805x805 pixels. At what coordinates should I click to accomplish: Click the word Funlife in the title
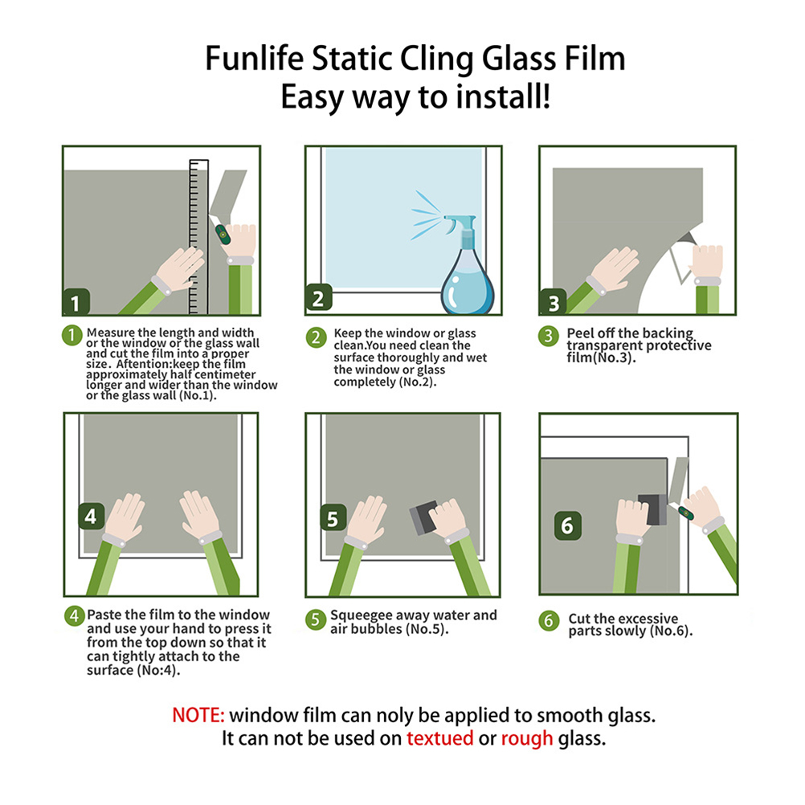tap(255, 58)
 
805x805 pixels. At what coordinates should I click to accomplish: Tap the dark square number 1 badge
tap(76, 302)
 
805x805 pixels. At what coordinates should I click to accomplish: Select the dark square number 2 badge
tap(318, 298)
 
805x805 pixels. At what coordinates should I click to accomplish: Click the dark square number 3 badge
tap(553, 302)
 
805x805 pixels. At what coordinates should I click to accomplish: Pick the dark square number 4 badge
tap(92, 516)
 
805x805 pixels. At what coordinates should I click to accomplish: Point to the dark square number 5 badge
tap(333, 518)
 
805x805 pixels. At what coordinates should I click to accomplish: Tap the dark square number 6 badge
tap(567, 525)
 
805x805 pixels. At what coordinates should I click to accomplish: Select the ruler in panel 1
tap(198, 237)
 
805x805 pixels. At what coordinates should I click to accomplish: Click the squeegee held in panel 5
tap(424, 517)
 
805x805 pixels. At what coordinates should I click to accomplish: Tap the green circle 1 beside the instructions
tap(72, 336)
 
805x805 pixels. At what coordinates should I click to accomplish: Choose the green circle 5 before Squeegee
tap(315, 619)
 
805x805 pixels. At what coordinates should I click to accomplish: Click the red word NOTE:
tap(198, 715)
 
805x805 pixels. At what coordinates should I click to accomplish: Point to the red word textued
tap(440, 738)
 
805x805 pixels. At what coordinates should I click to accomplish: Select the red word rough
tap(527, 739)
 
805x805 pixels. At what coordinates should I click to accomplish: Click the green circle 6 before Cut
tap(549, 621)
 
